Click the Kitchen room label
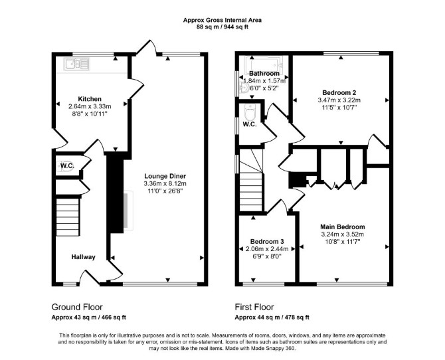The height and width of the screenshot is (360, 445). click(x=90, y=99)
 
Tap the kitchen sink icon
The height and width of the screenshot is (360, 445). click(x=76, y=64)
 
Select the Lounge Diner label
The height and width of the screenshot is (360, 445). click(x=165, y=176)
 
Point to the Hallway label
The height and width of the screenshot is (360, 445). click(x=83, y=257)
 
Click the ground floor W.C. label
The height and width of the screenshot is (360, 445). click(x=67, y=166)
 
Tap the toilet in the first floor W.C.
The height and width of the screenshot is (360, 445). click(x=250, y=112)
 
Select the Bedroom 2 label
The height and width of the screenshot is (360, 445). click(x=339, y=92)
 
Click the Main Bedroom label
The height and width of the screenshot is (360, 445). click(x=343, y=227)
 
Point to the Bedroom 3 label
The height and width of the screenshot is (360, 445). click(x=267, y=242)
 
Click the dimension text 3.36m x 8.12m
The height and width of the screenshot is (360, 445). click(x=165, y=184)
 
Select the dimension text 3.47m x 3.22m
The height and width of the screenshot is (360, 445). click(x=339, y=100)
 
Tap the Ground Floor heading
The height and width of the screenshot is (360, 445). click(x=77, y=307)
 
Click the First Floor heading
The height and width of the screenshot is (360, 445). click(x=254, y=307)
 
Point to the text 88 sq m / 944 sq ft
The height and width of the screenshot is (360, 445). click(x=222, y=27)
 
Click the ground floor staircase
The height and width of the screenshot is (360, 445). click(x=68, y=217)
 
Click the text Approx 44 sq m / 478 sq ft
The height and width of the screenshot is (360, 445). click(x=272, y=317)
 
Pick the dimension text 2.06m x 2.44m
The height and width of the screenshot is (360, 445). click(x=267, y=249)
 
